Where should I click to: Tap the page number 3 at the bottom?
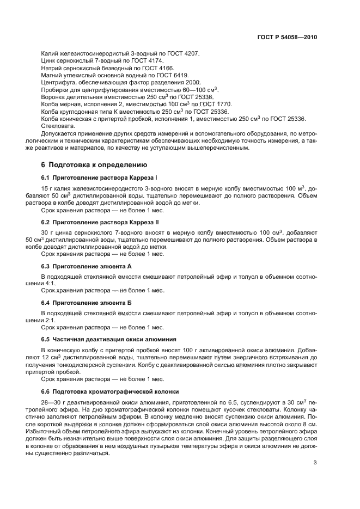(315, 448)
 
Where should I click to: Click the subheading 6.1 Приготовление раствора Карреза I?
(95, 177)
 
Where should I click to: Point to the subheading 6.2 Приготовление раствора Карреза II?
(96, 222)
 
